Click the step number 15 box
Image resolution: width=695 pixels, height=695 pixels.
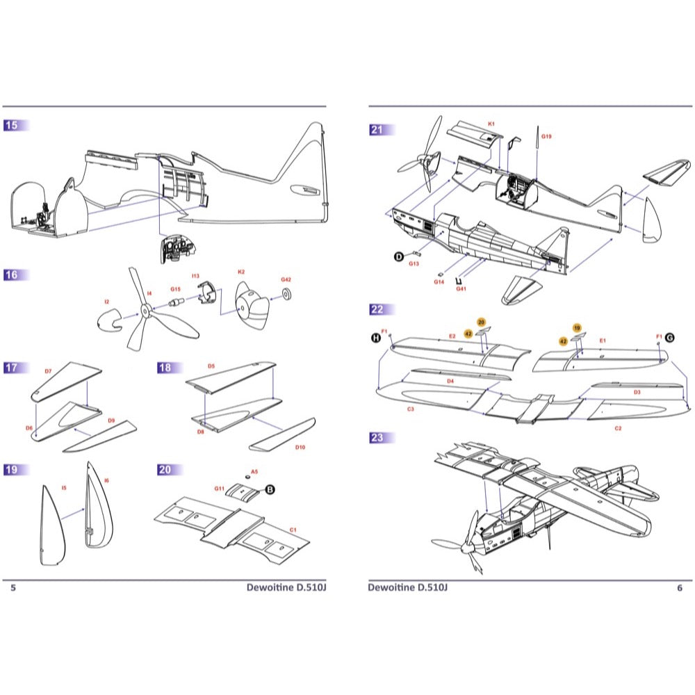tap(12, 126)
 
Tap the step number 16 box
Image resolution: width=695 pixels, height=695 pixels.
tap(12, 275)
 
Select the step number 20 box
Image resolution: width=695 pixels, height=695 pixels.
tap(165, 470)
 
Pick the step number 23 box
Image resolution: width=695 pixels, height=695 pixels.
tap(377, 438)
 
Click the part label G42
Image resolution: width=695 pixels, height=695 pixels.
tap(286, 279)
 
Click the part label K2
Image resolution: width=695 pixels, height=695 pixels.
tap(240, 272)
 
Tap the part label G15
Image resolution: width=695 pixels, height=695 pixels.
tap(175, 288)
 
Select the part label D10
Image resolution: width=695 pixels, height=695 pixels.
tap(300, 447)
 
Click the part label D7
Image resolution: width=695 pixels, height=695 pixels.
tap(48, 372)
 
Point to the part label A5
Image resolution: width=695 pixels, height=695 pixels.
tap(254, 471)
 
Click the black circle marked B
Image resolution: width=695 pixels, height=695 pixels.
tap(270, 490)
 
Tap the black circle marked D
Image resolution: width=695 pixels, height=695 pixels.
tap(399, 256)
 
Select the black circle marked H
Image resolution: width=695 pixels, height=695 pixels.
tap(376, 338)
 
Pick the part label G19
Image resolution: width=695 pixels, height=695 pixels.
tap(546, 136)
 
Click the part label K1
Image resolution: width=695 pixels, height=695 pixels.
tap(491, 124)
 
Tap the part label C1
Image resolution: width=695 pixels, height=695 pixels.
tap(293, 530)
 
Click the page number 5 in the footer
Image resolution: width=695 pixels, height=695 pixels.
tap(13, 588)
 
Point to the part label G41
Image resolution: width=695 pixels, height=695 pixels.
tap(461, 289)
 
